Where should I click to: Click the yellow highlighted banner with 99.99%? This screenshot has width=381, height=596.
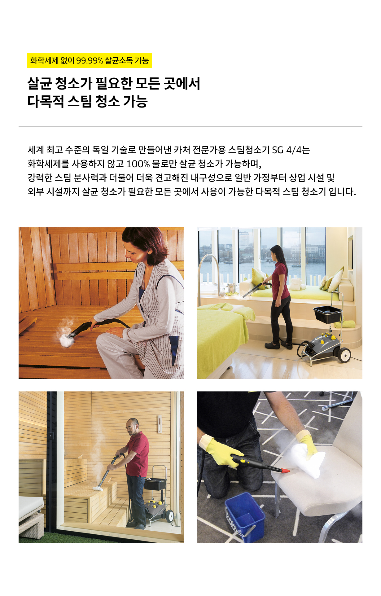click(89, 60)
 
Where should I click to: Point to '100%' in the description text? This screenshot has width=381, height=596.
click(138, 164)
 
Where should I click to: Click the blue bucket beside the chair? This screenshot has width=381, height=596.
click(245, 517)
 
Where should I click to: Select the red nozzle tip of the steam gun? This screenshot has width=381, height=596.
click(285, 471)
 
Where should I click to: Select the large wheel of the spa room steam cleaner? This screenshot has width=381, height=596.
click(344, 355)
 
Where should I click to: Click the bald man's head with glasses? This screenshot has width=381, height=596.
click(132, 427)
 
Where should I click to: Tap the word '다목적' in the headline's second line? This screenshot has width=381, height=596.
click(46, 101)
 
